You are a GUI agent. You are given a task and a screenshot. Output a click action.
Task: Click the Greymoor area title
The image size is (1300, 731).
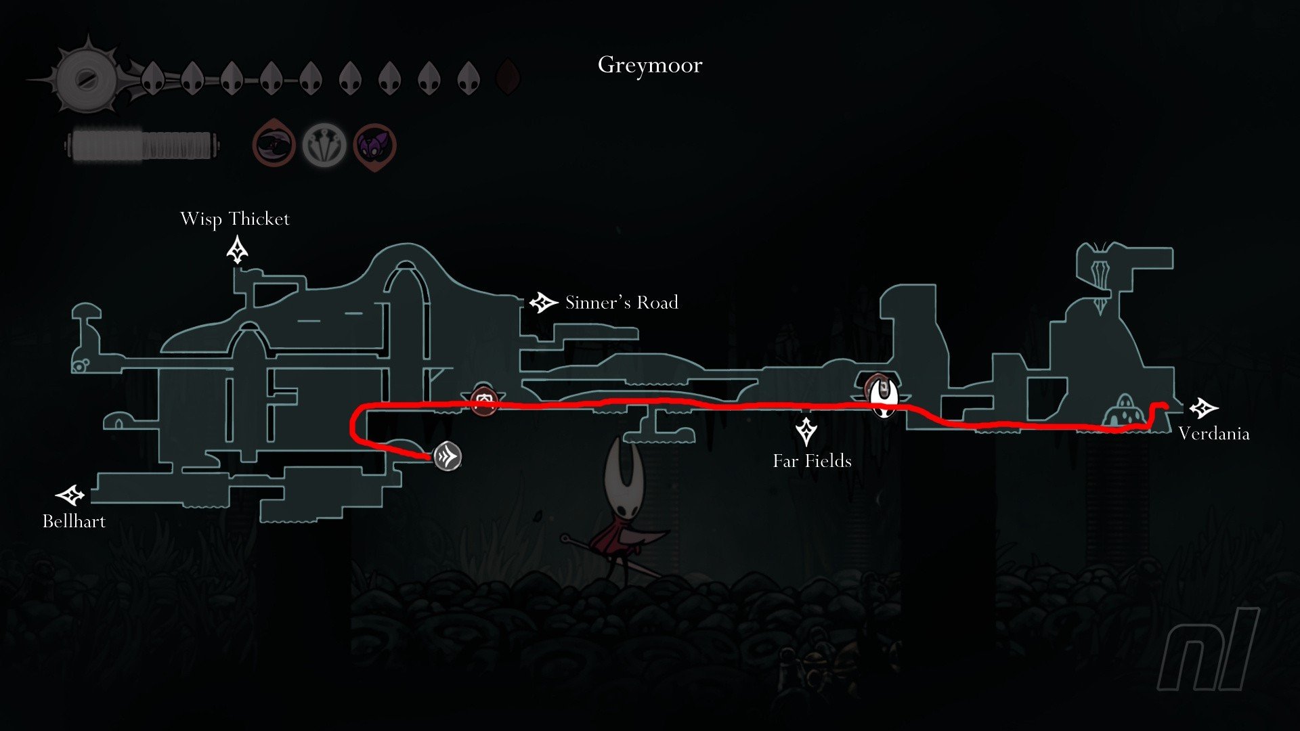(x=650, y=66)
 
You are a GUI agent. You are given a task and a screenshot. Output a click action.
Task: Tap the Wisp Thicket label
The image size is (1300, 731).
(x=235, y=219)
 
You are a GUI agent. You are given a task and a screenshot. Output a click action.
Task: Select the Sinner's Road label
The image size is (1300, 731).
(x=622, y=303)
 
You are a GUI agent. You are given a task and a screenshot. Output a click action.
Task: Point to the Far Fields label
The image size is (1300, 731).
(x=812, y=461)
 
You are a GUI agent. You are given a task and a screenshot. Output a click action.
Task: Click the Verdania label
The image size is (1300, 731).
(x=1213, y=434)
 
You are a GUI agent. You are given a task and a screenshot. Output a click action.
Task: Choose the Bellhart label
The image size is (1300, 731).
(x=74, y=521)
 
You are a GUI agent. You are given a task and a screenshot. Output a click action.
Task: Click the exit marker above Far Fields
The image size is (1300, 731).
(x=806, y=431)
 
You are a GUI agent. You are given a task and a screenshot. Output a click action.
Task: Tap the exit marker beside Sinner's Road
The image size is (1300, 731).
(x=543, y=303)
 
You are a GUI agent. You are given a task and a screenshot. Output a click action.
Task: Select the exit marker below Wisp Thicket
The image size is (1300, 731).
(x=237, y=250)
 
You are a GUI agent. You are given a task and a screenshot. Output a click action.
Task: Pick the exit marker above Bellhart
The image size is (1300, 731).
(x=70, y=495)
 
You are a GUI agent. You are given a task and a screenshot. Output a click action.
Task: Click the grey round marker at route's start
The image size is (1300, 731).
(x=448, y=456)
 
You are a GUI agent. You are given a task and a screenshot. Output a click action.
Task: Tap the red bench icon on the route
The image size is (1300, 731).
(x=483, y=402)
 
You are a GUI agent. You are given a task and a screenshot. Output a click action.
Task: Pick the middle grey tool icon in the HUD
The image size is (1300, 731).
(x=324, y=146)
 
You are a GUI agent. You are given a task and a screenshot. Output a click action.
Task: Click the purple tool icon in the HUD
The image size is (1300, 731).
(x=374, y=146)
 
